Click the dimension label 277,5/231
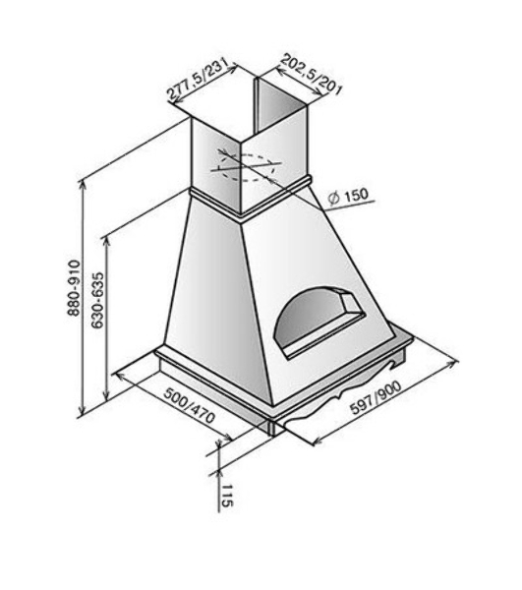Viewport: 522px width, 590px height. [199, 80]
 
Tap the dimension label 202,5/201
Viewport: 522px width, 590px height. [311, 75]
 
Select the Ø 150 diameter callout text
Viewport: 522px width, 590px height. [347, 197]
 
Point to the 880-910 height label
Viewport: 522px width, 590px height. [74, 287]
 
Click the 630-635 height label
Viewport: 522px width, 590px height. [97, 300]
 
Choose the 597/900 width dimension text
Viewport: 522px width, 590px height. [376, 397]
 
